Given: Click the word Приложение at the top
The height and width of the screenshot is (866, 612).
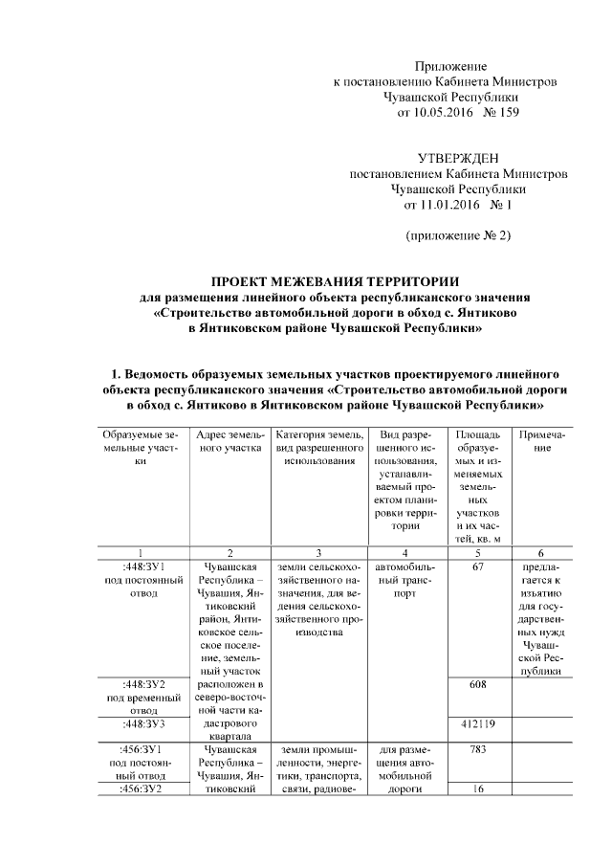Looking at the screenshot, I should (x=450, y=66).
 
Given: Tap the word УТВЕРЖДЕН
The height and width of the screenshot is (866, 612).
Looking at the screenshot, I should (x=458, y=158).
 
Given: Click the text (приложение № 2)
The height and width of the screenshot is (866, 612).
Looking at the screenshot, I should (x=458, y=235).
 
